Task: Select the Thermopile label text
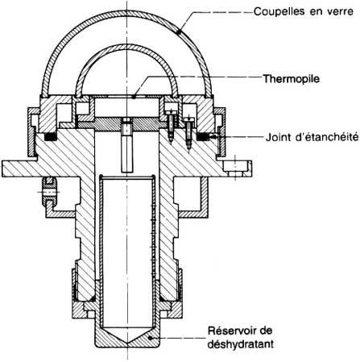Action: tap(292, 79)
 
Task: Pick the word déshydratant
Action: tap(241, 343)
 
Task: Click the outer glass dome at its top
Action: tap(127, 13)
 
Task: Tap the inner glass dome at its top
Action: tap(127, 46)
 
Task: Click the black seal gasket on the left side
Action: tap(50, 137)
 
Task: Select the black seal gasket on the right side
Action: tap(203, 137)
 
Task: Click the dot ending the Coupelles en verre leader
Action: tap(178, 32)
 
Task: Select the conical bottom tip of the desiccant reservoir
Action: tap(128, 342)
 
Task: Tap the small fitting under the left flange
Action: tap(49, 192)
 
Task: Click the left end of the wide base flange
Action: tap(2, 169)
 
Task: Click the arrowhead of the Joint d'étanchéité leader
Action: tap(212, 137)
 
